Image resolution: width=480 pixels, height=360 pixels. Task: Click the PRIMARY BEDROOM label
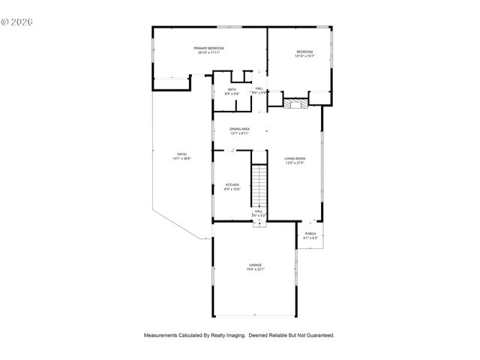(211, 48)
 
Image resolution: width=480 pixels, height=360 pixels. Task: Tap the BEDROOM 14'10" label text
(304, 52)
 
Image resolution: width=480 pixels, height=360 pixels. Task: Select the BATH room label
(232, 89)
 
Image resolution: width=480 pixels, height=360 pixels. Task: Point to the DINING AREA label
(240, 129)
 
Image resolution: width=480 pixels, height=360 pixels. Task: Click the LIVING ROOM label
(295, 158)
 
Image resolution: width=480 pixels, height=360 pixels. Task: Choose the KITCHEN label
(232, 185)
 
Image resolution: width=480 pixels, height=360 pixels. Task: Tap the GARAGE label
(256, 265)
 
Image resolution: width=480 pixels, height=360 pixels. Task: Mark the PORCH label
(310, 234)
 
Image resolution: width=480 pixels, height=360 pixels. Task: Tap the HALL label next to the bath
(259, 89)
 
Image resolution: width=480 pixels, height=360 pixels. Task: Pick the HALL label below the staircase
(259, 211)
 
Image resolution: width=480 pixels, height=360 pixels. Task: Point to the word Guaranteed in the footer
(317, 335)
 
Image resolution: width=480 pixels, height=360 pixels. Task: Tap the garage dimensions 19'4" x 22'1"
(256, 269)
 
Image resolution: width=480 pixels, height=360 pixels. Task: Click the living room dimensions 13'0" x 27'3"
(295, 163)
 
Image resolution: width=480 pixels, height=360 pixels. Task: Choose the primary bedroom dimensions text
(211, 52)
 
